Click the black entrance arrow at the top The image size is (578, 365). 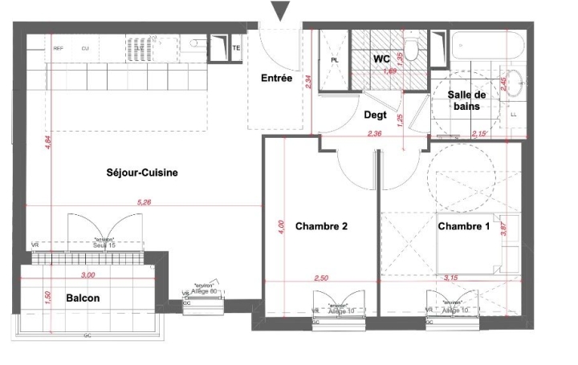[x=280, y=10]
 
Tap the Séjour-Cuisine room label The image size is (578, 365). [x=142, y=172]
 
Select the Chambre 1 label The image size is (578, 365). [x=463, y=227]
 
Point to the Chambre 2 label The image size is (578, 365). [x=321, y=227]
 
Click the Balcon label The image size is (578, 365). [x=83, y=298]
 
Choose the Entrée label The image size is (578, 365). [x=276, y=78]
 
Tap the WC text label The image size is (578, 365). [x=381, y=59]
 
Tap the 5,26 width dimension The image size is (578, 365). [x=144, y=203]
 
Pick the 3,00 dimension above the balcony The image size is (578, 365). [x=88, y=275]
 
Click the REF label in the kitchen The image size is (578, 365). [x=58, y=49]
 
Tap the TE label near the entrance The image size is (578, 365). [x=236, y=48]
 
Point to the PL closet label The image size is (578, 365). [x=335, y=59]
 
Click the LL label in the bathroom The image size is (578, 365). [x=514, y=115]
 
